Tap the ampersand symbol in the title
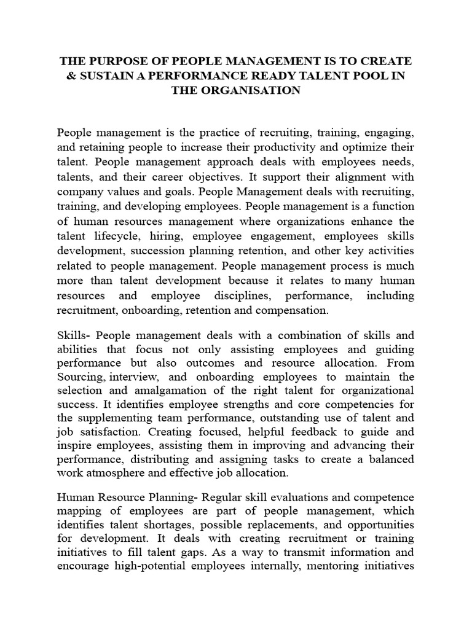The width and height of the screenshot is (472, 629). [69, 76]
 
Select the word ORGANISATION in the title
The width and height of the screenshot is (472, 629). [252, 90]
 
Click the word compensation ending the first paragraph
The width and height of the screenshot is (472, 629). [292, 310]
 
